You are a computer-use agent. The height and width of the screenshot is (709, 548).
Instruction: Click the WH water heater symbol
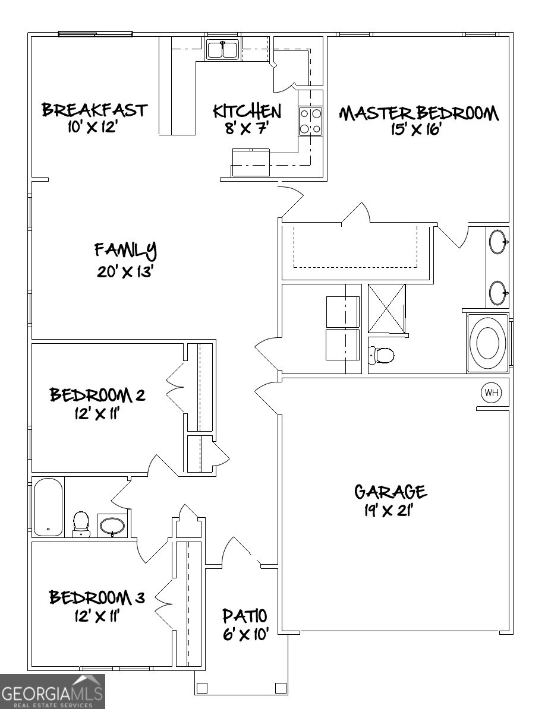492,392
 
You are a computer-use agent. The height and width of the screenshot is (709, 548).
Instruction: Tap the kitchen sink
222,50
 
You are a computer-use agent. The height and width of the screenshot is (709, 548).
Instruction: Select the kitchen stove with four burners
310,121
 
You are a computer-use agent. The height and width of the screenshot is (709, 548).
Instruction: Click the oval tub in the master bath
487,343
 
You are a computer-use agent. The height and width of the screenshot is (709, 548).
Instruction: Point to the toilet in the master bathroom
382,355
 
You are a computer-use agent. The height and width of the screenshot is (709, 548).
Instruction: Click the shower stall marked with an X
387,309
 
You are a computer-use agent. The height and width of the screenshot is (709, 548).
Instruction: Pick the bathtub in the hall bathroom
48,507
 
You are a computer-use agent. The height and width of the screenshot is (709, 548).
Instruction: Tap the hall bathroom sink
112,526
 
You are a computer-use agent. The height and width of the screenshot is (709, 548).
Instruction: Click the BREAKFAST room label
94,110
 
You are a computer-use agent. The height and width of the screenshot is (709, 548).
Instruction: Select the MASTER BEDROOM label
418,113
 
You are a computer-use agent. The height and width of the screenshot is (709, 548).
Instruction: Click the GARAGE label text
390,492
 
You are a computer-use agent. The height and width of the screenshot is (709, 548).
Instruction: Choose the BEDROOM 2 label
97,395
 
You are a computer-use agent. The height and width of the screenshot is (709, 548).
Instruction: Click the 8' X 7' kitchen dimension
247,128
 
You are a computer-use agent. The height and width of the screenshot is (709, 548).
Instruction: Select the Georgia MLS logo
52,691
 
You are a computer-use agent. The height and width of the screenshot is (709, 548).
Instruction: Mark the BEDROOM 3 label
97,597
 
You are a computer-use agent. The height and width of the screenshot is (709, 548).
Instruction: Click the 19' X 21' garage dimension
390,511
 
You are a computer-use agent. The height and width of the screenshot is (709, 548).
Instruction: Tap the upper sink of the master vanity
497,242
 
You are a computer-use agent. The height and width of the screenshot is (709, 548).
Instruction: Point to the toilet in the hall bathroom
80,523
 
